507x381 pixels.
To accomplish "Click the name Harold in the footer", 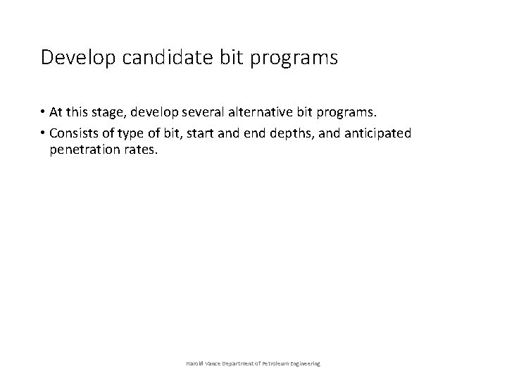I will click(194, 363).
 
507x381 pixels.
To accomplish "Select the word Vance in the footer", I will click(213, 363).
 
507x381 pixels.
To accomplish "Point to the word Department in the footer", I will click(238, 363).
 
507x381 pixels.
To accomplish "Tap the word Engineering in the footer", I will click(305, 363).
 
